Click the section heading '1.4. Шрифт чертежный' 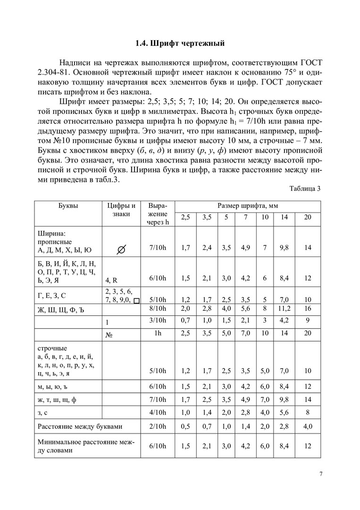point(180,44)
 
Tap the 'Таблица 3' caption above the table point(305,188)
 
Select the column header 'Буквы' point(68,205)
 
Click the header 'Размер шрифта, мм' point(248,205)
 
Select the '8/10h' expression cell point(158,309)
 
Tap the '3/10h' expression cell point(158,321)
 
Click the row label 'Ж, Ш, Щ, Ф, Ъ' point(59,309)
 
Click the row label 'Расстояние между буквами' point(79,426)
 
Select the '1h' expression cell point(158,333)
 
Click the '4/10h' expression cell point(158,413)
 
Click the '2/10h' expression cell point(158,426)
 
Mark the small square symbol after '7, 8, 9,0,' point(136,300)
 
